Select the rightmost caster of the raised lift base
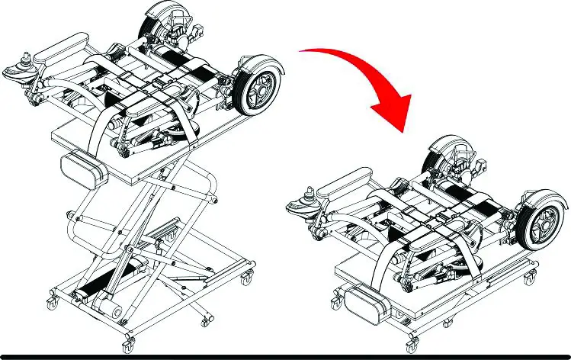click(245, 277)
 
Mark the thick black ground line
click(285, 356)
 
